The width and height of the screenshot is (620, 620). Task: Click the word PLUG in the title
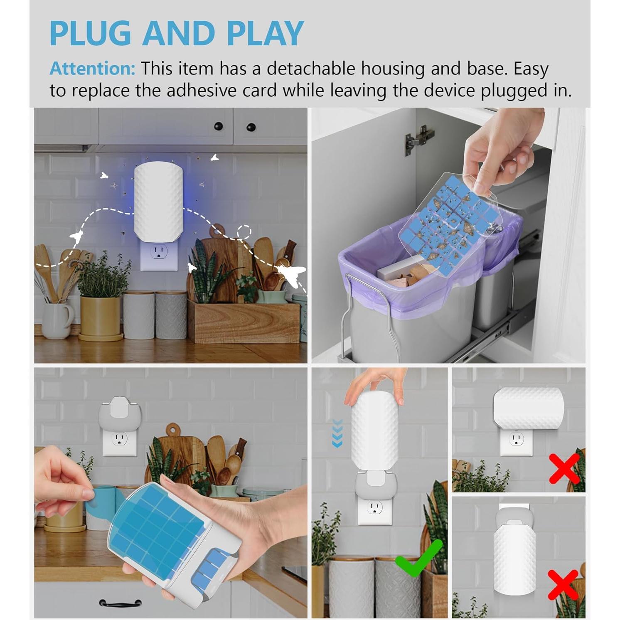(x=91, y=33)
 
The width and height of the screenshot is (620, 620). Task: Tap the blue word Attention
(x=92, y=69)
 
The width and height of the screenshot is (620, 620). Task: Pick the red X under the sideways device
(x=564, y=468)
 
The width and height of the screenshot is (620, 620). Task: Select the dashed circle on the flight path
(x=244, y=232)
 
